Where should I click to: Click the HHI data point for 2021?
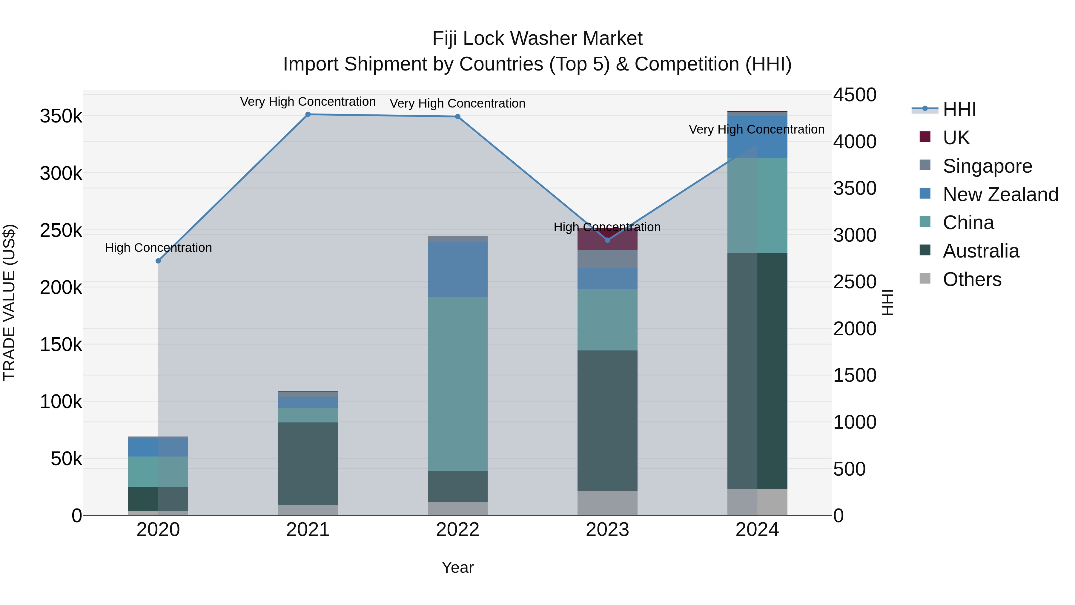[x=308, y=114]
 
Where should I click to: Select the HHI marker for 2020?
[x=158, y=261]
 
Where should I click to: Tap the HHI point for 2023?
[x=608, y=240]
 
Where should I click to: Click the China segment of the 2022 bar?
[x=458, y=384]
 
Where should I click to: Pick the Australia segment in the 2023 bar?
[x=608, y=420]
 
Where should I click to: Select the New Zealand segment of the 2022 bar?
[x=458, y=269]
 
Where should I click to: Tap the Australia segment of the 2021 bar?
[x=308, y=463]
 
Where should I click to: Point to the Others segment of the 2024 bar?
[x=757, y=502]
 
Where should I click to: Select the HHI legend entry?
[x=959, y=109]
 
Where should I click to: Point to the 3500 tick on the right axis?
[x=855, y=188]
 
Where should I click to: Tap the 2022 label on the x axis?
[x=458, y=530]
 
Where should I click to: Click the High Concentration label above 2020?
[x=158, y=248]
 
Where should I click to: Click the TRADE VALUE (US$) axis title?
[x=9, y=302]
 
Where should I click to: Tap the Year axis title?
[x=457, y=567]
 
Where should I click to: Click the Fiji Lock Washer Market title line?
[x=537, y=39]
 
